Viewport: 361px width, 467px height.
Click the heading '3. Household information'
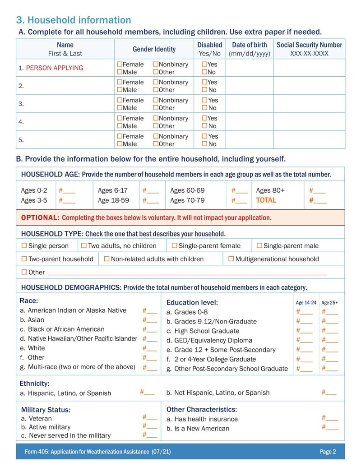pyautogui.click(x=74, y=20)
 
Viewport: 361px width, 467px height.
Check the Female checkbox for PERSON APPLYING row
pyautogui.click(x=120, y=65)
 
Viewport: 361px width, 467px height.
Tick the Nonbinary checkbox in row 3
pyautogui.click(x=156, y=101)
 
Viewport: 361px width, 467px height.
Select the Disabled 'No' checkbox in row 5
pyautogui.click(x=204, y=144)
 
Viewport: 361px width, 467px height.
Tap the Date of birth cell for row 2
pyautogui.click(x=249, y=86)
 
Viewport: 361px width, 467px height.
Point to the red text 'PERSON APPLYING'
pyautogui.click(x=55, y=68)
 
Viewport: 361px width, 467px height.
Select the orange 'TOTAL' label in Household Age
pyautogui.click(x=266, y=200)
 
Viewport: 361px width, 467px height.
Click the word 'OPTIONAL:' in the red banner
pyautogui.click(x=40, y=217)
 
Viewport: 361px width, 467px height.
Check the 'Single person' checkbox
pyautogui.click(x=24, y=245)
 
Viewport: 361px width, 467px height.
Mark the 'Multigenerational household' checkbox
pyautogui.click(x=231, y=259)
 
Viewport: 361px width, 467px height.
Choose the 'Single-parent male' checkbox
pyautogui.click(x=259, y=245)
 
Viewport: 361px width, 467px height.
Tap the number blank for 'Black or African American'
pyautogui.click(x=152, y=329)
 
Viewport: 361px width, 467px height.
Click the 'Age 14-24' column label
pyautogui.click(x=306, y=303)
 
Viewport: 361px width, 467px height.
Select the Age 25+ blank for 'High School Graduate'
pyautogui.click(x=332, y=331)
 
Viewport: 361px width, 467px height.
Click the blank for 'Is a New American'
pyautogui.click(x=332, y=427)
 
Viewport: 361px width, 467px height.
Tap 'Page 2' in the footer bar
pyautogui.click(x=328, y=452)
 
